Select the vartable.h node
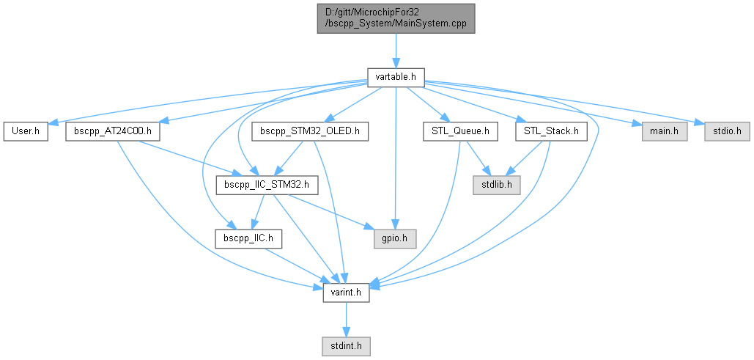tap(396, 76)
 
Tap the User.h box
tap(26, 132)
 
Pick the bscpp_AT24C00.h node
tap(113, 132)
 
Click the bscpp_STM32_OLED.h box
tap(309, 132)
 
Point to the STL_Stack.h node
tap(552, 132)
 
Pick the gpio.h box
tap(395, 238)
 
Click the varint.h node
tap(346, 292)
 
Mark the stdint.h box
tap(346, 345)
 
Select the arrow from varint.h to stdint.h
tap(346, 318)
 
